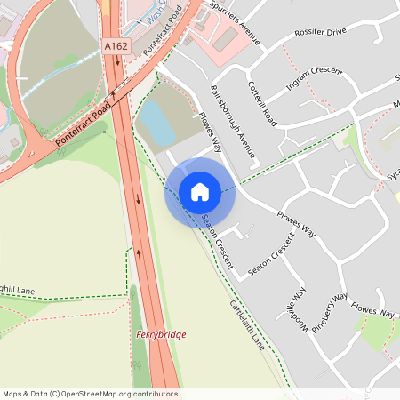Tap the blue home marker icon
pos(200,192)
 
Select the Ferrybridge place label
pos(161,334)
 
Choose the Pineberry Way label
pos(333,310)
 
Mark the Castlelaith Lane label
pos(248,323)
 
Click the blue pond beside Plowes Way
pos(156,123)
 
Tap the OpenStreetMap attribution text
pos(90,393)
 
